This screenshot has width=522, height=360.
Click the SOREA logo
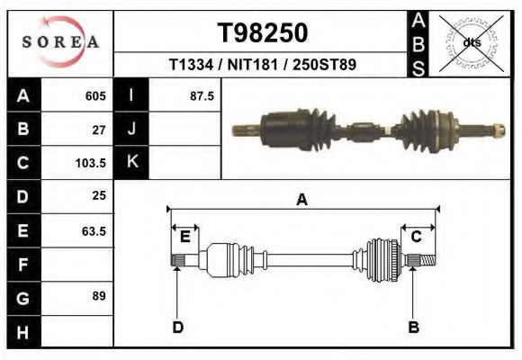click(x=60, y=43)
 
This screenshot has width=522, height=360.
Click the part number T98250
click(x=263, y=33)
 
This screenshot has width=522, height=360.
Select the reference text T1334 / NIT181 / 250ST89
click(x=263, y=66)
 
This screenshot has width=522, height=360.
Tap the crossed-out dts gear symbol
click(x=471, y=42)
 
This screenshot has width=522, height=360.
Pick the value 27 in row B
click(x=99, y=129)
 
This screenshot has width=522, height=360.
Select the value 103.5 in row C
click(x=92, y=163)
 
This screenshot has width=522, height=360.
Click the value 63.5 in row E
click(x=94, y=230)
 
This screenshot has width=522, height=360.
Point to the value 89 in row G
click(x=99, y=296)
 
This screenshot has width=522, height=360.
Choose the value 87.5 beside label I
click(x=202, y=95)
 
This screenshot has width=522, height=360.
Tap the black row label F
click(x=23, y=265)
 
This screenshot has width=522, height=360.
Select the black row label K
click(x=131, y=163)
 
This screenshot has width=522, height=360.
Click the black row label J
click(x=131, y=129)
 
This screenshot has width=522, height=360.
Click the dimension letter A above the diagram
click(x=302, y=200)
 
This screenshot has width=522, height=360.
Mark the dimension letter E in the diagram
click(x=184, y=237)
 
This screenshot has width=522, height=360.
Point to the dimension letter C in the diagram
click(x=417, y=237)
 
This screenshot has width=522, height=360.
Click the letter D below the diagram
click(x=177, y=327)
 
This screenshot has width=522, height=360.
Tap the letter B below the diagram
click(x=414, y=327)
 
